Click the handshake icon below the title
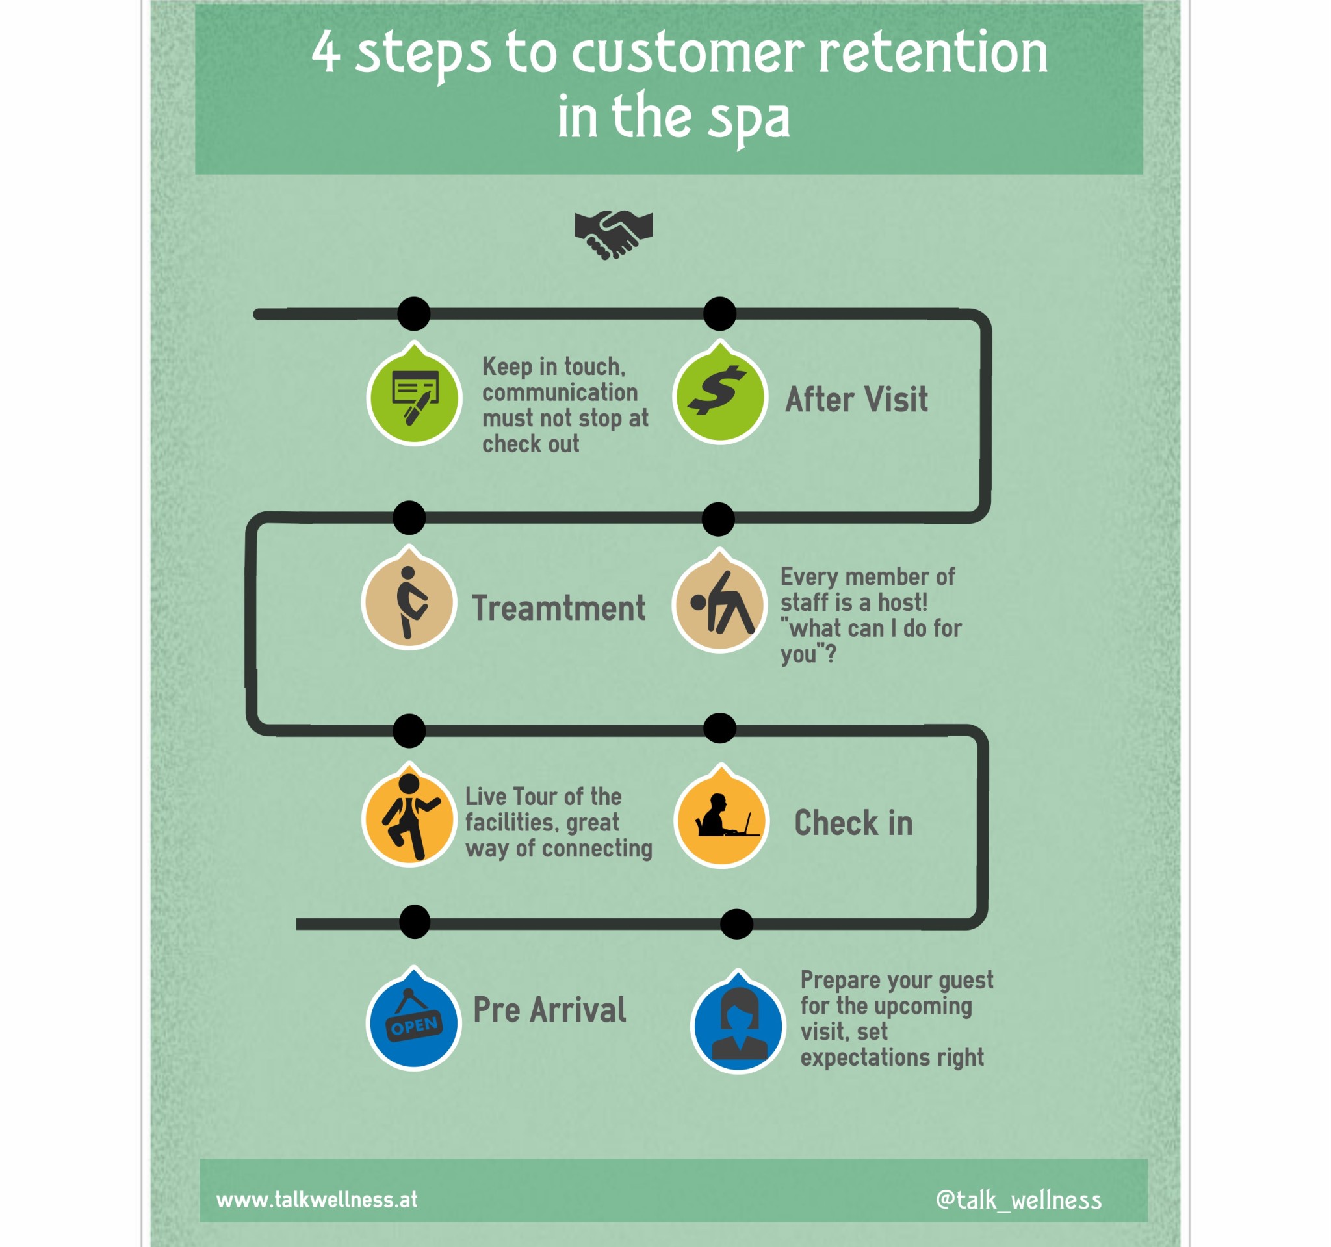click(614, 235)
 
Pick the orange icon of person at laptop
click(721, 817)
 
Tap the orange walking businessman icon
click(409, 816)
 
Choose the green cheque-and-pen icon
click(415, 395)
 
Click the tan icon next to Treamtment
click(409, 599)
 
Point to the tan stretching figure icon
click(719, 602)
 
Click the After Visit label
click(857, 400)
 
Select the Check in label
click(853, 823)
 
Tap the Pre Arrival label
click(550, 1009)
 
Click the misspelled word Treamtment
click(558, 608)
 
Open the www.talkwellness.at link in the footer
click(317, 1199)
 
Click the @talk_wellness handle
click(1018, 1200)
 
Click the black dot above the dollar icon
click(719, 313)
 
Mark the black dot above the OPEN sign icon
click(415, 921)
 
